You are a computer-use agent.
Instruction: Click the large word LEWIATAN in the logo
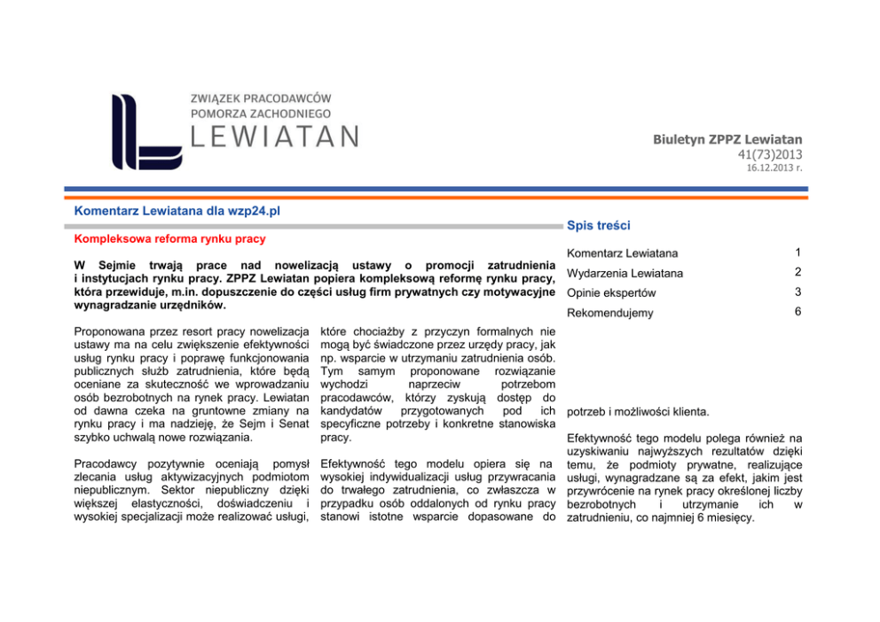(275, 136)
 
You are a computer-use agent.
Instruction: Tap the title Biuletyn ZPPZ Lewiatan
(727, 139)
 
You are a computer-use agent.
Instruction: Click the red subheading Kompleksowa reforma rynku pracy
(169, 239)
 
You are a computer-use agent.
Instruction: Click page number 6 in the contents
(797, 312)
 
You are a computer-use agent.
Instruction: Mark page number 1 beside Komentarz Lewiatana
(797, 253)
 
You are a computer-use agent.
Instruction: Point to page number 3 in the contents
(797, 292)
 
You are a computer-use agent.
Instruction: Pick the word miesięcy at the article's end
(727, 517)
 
